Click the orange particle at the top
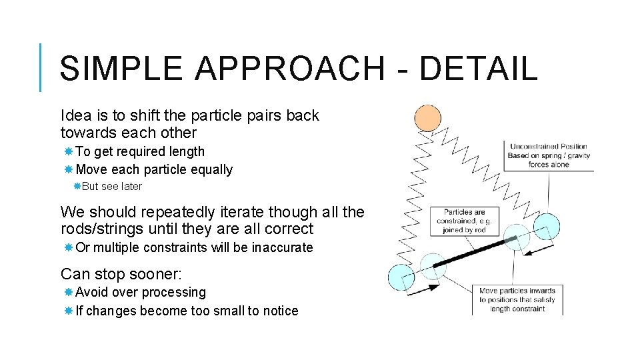point(427,119)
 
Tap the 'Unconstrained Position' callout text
point(548,155)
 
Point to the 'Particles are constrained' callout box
point(465,221)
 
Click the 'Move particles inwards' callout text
point(518,299)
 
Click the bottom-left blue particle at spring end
point(401,277)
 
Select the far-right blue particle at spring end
point(547,227)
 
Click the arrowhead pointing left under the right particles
point(530,252)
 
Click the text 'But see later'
point(111,187)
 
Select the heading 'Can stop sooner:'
point(121,274)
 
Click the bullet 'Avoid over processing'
point(141,292)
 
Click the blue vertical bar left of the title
point(41,67)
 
